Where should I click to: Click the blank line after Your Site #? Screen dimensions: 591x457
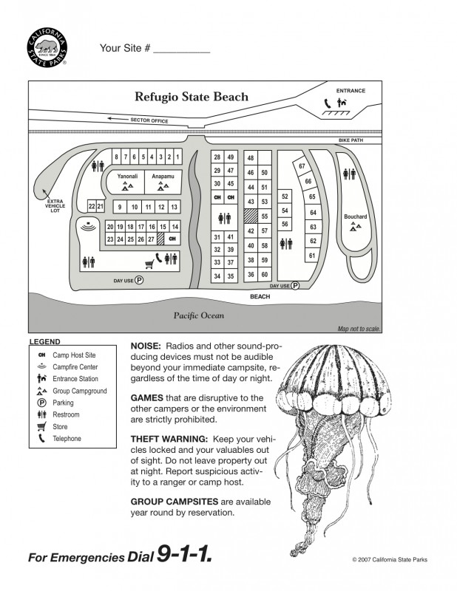(182, 49)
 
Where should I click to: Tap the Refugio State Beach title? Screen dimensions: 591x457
(191, 97)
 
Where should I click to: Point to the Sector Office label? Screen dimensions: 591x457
(149, 120)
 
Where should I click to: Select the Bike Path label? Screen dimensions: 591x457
(351, 140)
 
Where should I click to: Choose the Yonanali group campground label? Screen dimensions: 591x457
(127, 177)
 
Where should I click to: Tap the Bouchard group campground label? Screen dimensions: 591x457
(355, 216)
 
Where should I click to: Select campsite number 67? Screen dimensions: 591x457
(302, 166)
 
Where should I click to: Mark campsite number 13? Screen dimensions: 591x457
(174, 207)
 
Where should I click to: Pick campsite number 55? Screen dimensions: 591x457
(264, 216)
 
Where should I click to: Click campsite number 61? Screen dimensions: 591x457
(312, 256)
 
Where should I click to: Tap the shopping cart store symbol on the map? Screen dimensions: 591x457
(149, 260)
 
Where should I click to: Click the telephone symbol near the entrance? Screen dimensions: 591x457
(327, 104)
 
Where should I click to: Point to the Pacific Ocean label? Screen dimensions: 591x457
(198, 315)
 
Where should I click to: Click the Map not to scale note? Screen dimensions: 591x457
(358, 329)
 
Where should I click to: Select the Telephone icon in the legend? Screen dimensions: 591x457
(41, 439)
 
